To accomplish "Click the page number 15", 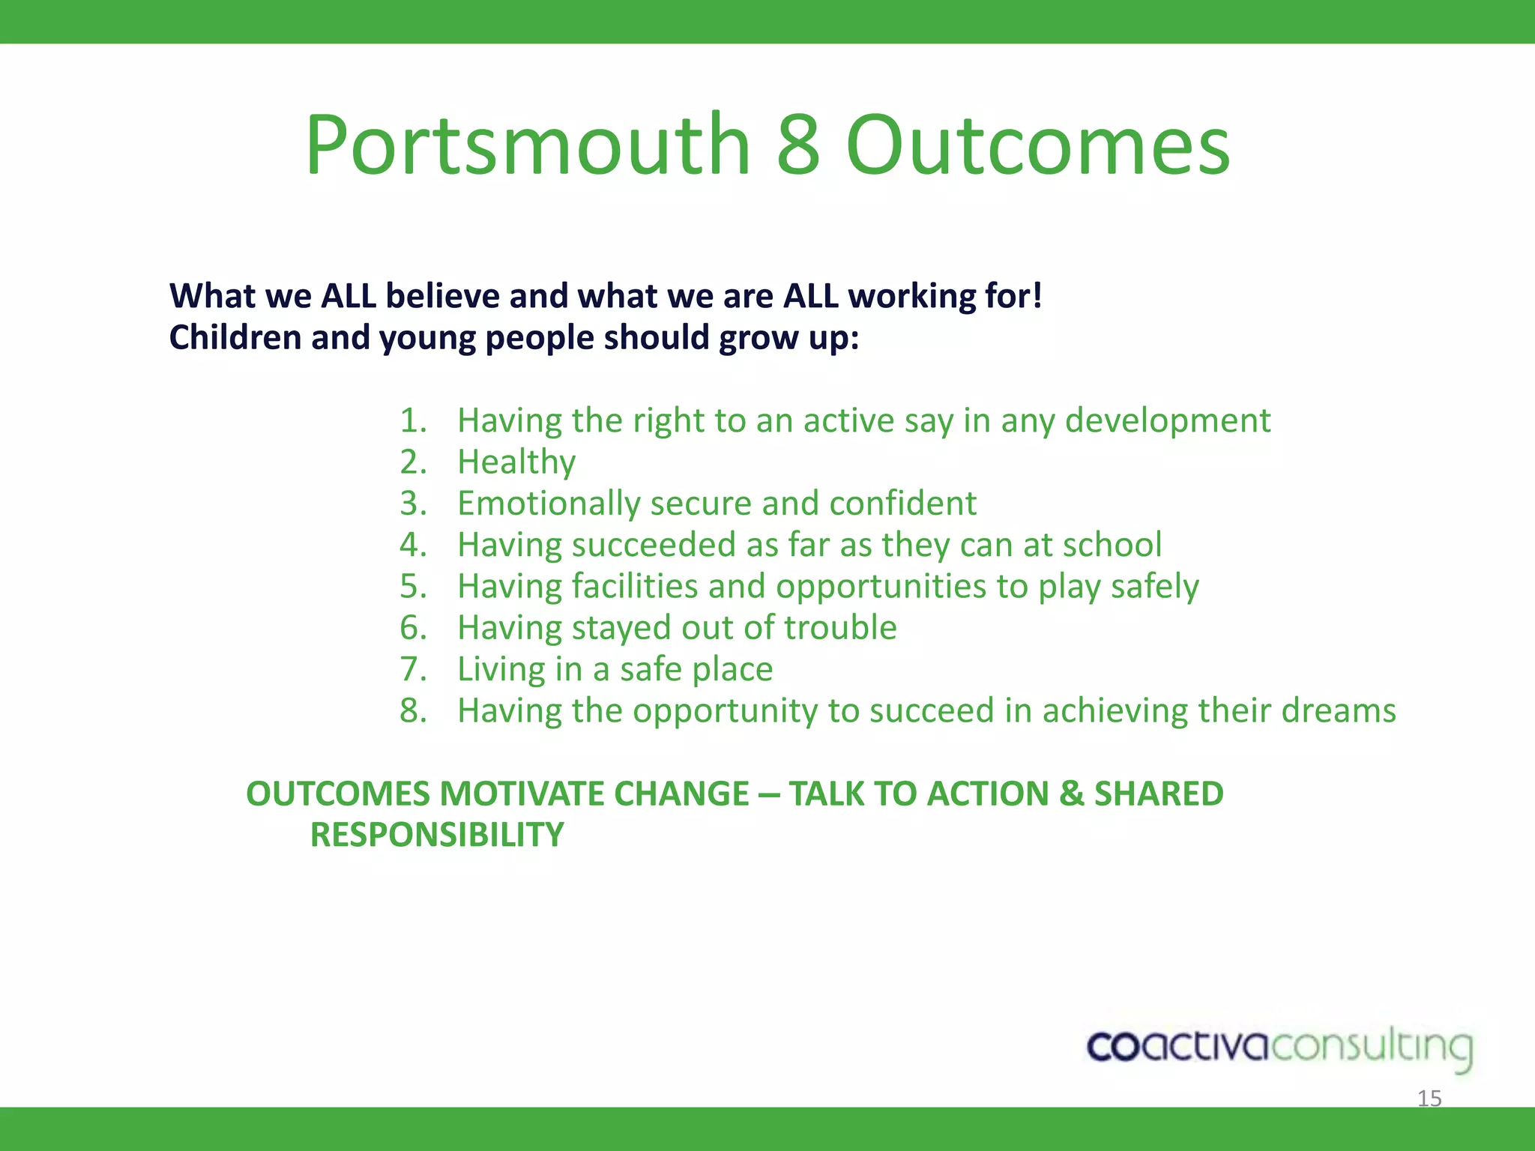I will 1429,1099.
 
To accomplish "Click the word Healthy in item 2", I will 516,462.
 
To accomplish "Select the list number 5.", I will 413,586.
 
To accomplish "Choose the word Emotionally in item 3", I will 548,504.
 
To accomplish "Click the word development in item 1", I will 1168,420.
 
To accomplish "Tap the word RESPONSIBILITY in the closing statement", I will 437,835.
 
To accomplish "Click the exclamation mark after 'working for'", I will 1037,296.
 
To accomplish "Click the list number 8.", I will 413,710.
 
